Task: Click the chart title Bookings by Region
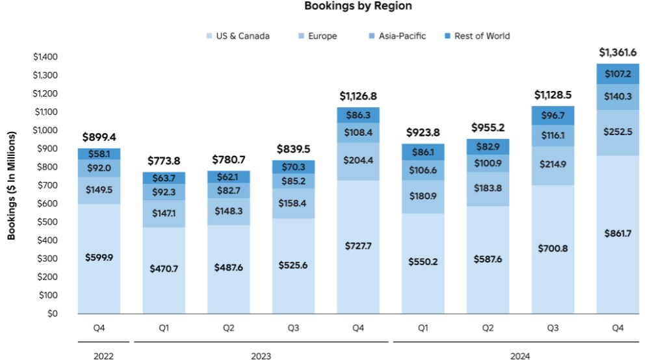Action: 358,6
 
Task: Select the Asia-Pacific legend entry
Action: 402,36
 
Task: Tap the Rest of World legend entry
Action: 482,36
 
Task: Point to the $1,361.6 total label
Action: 617,51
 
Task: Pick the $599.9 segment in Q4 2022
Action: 99,257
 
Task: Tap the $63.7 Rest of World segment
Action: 164,177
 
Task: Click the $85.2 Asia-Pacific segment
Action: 293,181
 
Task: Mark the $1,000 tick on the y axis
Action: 46,130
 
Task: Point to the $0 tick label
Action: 52,314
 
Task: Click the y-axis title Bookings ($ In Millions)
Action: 12,186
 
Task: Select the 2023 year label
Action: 261,355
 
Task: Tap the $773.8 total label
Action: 164,161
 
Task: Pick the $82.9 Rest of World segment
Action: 488,146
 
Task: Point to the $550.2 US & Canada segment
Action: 423,263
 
